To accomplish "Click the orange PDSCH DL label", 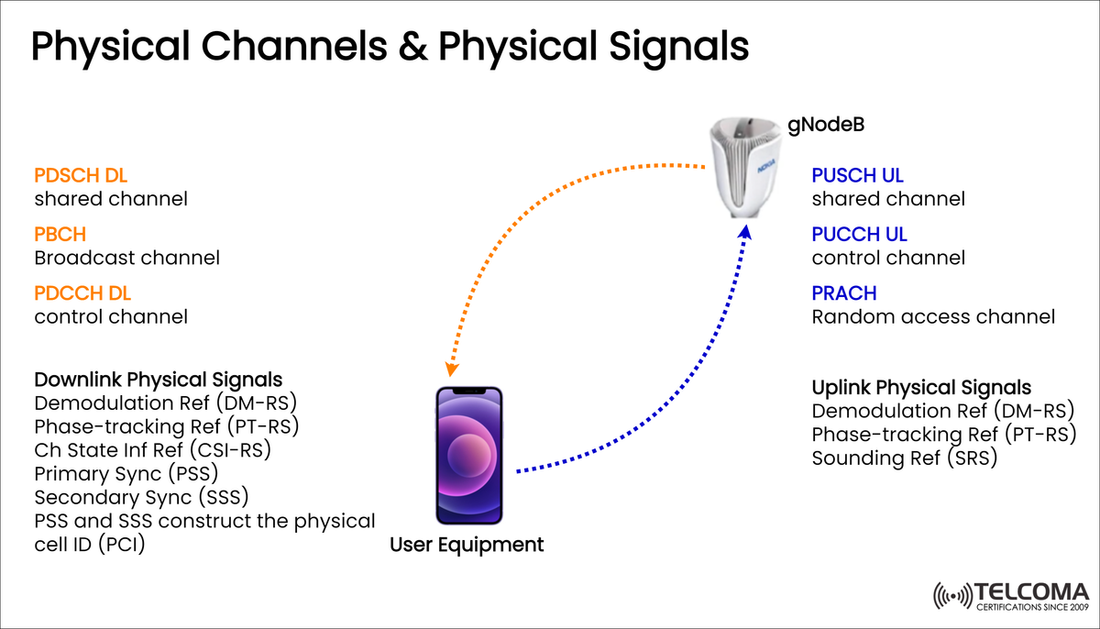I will click(x=81, y=175).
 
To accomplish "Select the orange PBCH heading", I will click(x=60, y=235).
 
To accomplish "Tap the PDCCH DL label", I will click(x=82, y=293).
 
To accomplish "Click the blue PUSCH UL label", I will click(x=858, y=175).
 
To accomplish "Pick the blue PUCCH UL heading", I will click(x=859, y=235).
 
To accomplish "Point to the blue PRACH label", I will click(x=844, y=293).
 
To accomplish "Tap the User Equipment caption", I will click(x=467, y=546).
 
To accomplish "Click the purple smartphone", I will click(x=469, y=456).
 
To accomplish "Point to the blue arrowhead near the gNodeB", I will click(x=745, y=233).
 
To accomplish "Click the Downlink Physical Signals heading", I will click(x=158, y=380).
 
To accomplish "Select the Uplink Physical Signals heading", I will click(x=921, y=388).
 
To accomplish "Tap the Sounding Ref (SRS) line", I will click(x=904, y=458).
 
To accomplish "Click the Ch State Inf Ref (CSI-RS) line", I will click(x=152, y=450).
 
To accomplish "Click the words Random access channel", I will click(x=933, y=317).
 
